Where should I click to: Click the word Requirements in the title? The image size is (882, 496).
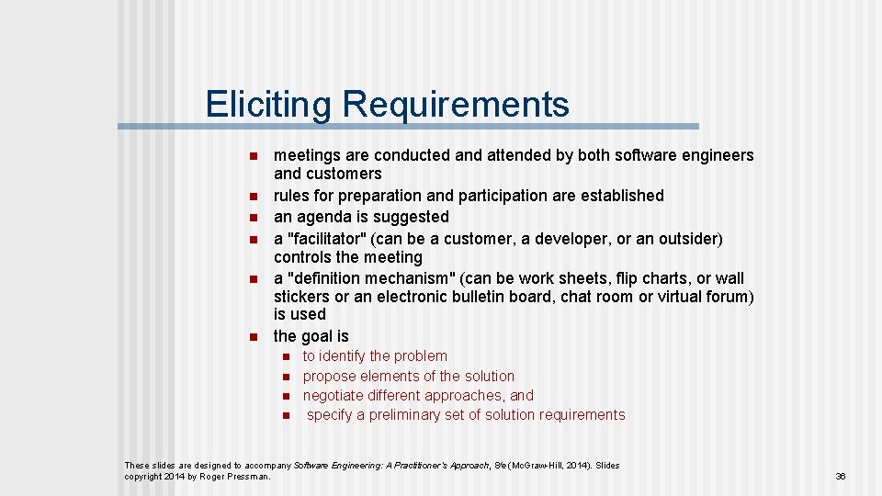coord(455,106)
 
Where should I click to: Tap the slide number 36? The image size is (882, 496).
coord(840,476)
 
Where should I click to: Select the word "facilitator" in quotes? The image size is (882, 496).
coord(329,239)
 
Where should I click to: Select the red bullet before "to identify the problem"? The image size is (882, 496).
coord(286,356)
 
